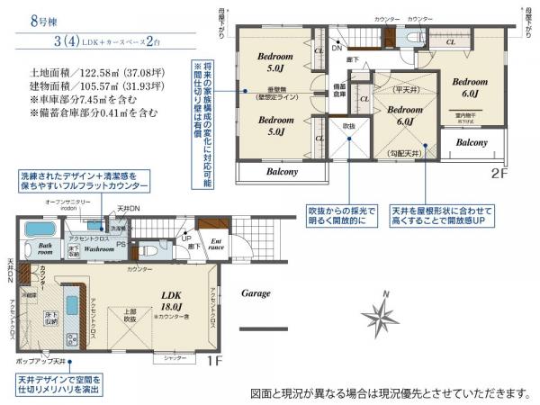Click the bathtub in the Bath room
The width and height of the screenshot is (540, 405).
coord(40,230)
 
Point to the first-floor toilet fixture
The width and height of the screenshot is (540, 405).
coord(151,251)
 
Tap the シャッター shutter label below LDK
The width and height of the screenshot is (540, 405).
coord(175,357)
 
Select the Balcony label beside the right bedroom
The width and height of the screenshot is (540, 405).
coord(471,142)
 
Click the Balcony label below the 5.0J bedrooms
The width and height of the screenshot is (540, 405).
coord(281,171)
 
